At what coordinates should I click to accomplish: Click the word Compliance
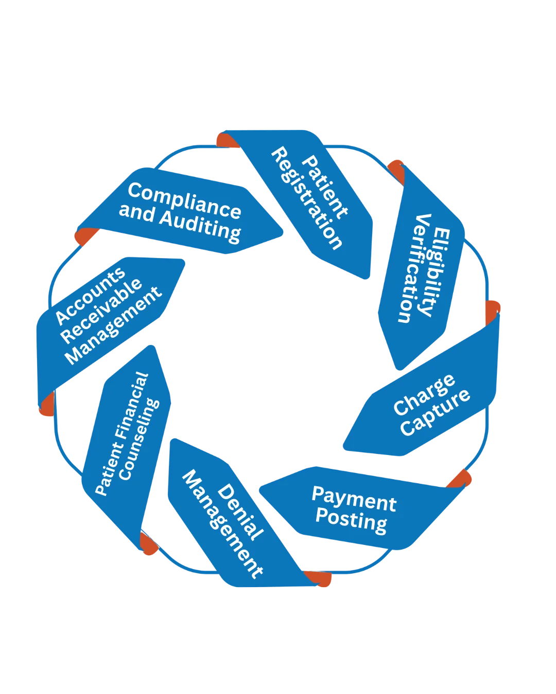point(184,200)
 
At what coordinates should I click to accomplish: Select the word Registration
point(307,198)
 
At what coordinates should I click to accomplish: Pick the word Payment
point(354,499)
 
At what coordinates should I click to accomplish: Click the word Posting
point(351,521)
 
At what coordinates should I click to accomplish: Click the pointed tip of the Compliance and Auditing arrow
point(283,235)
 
